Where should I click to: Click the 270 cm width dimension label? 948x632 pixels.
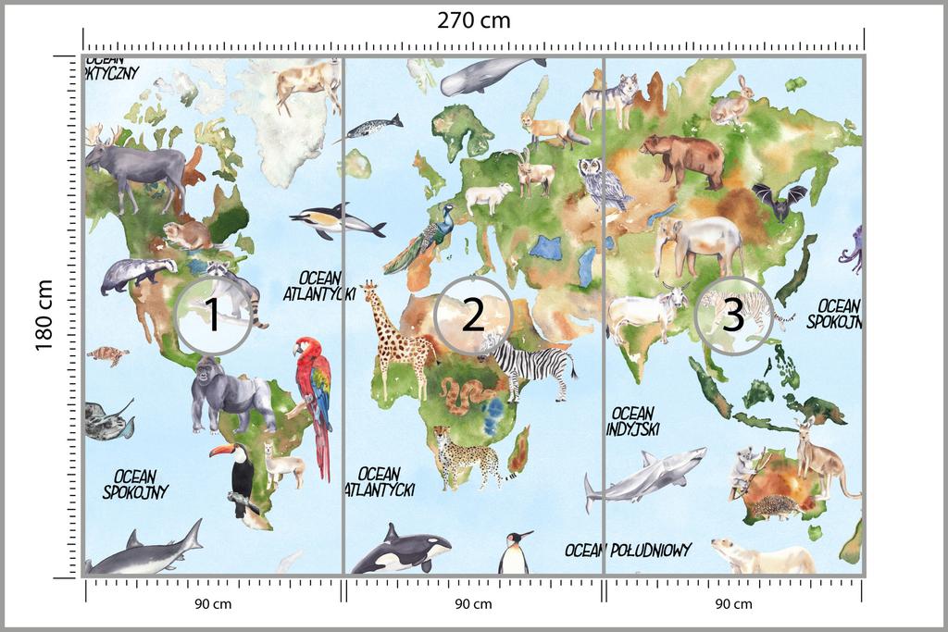point(473,20)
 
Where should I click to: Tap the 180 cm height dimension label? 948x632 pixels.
point(44,316)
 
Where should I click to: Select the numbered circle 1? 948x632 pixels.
point(212,316)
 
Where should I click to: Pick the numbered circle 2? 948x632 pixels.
point(472,316)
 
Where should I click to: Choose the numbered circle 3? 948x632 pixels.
point(732,316)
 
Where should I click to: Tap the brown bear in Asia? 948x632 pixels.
point(683,157)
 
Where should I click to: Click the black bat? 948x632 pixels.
point(779,201)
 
